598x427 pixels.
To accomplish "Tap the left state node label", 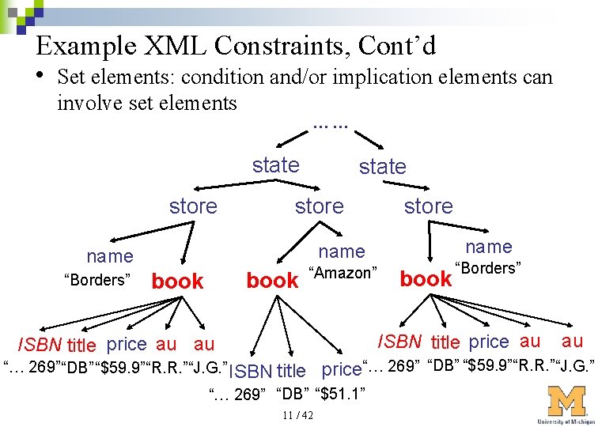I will pos(275,164).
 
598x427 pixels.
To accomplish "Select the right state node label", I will pos(382,166).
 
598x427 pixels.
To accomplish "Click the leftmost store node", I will pos(192,206).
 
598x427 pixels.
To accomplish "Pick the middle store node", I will pos(319,206).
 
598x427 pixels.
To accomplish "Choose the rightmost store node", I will pos(428,206).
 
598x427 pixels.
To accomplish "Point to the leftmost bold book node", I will pos(177,282).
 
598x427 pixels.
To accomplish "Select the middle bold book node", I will pos(272,281).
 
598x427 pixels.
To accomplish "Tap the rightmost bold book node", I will pos(426,278).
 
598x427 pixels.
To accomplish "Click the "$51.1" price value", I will pos(339,393).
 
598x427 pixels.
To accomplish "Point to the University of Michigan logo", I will pos(566,404).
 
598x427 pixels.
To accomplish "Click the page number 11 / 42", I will pos(297,416).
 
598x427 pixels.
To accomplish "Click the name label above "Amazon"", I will pos(341,251).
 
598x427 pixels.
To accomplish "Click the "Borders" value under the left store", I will pos(97,279).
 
